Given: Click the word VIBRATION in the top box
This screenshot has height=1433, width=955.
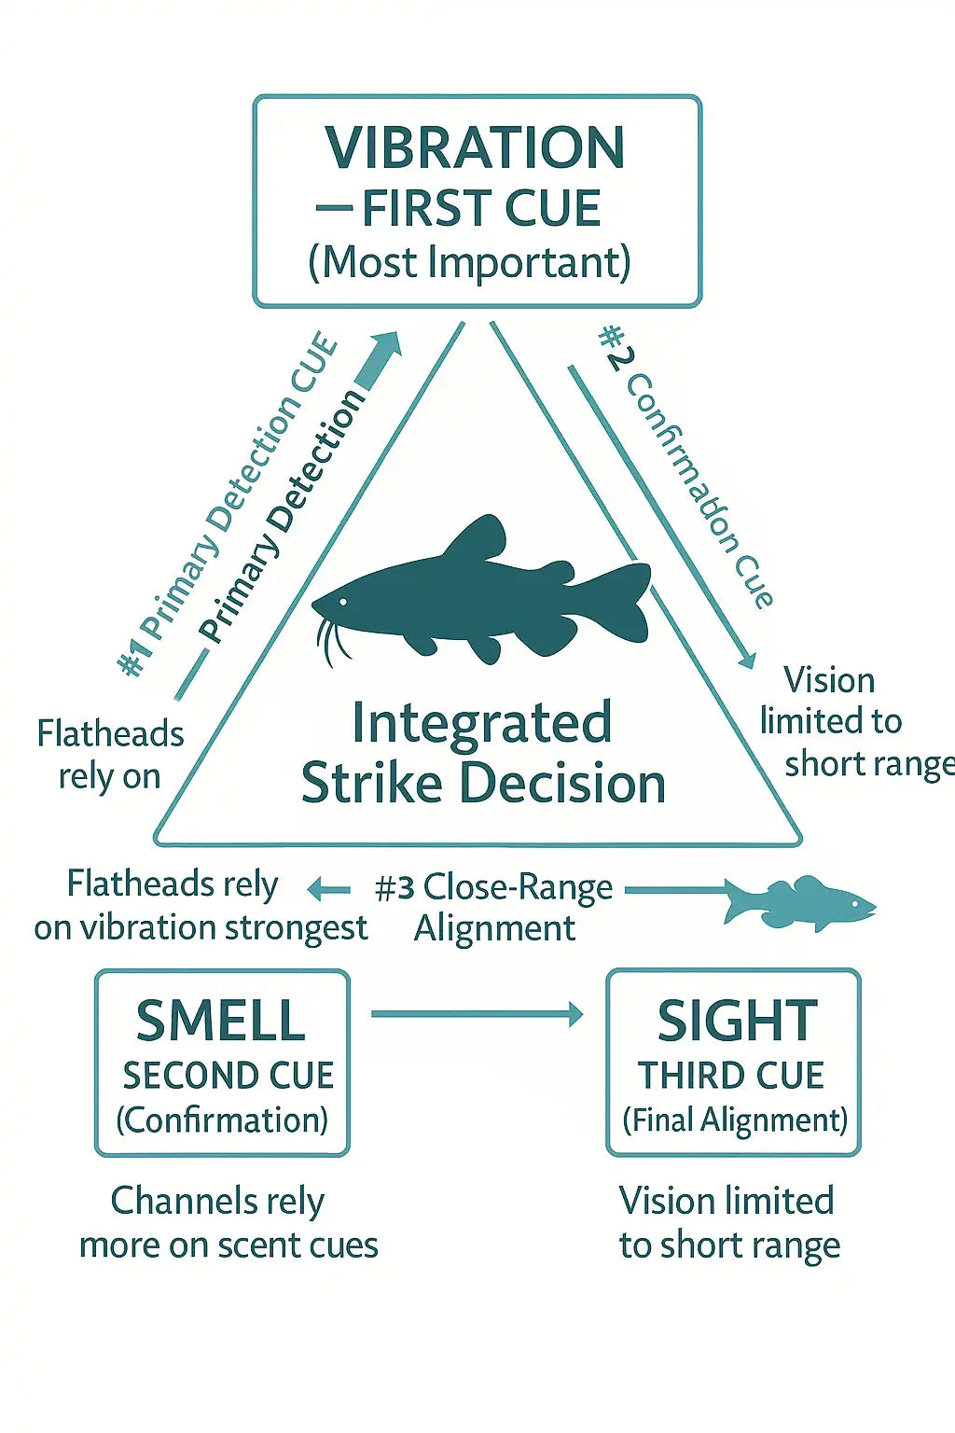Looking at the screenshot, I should coord(475,147).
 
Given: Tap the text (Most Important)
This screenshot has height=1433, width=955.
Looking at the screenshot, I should coord(469,263).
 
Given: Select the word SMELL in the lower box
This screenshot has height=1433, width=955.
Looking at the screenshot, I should coord(221,1021).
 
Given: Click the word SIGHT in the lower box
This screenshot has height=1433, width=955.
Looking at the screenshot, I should coord(737,1021).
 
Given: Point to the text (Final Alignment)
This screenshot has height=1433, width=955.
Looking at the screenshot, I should coord(735,1120).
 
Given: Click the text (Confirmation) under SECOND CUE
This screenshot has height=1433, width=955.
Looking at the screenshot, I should coord(222,1120).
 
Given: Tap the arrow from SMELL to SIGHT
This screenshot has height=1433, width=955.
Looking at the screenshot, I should coord(476,1014).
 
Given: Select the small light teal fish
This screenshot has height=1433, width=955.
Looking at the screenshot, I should coord(800,903).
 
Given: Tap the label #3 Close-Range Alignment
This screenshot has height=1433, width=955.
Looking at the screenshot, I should coord(494,907).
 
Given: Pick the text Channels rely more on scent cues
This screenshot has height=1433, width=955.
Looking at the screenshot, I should coord(228,1222).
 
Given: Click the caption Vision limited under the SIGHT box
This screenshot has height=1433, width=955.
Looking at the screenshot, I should coord(727,1222).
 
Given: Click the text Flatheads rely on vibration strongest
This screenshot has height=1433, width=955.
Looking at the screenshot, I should coord(201,905).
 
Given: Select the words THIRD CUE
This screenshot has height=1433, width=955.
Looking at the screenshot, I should coord(731,1076).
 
